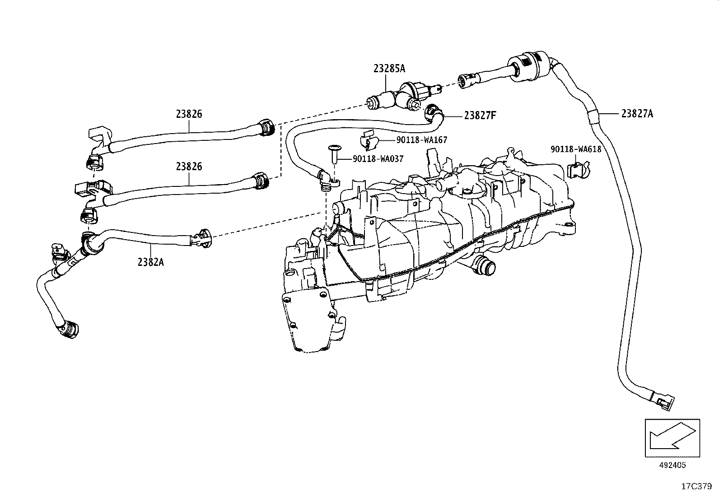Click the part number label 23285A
pyautogui.click(x=389, y=68)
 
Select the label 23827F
pyautogui.click(x=480, y=115)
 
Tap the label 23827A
pyautogui.click(x=637, y=114)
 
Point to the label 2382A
pyautogui.click(x=150, y=262)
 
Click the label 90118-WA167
pyautogui.click(x=422, y=140)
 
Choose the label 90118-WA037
pyautogui.click(x=378, y=159)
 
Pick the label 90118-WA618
pyautogui.click(x=576, y=149)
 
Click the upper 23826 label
pyautogui.click(x=189, y=114)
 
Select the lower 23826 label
pyautogui.click(x=189, y=166)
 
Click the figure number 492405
pyautogui.click(x=672, y=465)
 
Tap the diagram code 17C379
pyautogui.click(x=696, y=487)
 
